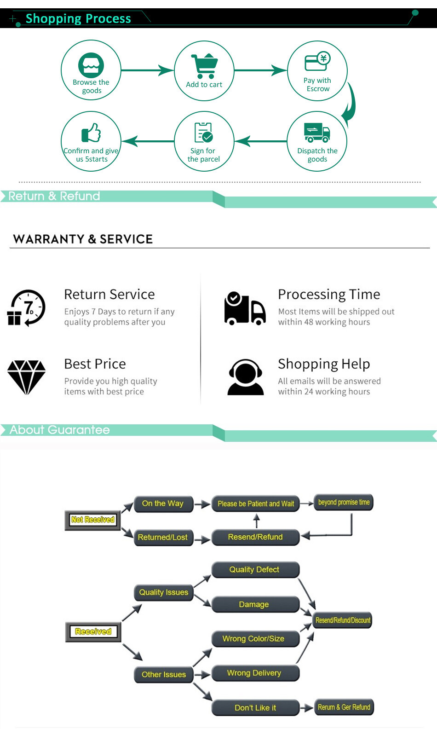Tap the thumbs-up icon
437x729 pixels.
[x=91, y=133]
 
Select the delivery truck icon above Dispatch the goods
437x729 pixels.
[x=317, y=133]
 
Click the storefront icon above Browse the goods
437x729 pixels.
[x=91, y=65]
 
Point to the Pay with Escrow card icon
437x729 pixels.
[x=317, y=62]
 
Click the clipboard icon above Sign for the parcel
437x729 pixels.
[x=203, y=133]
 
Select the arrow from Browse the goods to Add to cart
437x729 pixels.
[x=147, y=70]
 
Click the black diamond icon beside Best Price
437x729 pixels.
[x=27, y=377]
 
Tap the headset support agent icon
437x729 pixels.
[x=246, y=377]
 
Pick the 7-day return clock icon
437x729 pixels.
[x=27, y=307]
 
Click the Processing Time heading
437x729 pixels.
[x=329, y=294]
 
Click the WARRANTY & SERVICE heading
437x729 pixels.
[x=83, y=239]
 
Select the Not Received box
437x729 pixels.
[x=92, y=520]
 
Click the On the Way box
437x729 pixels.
[x=163, y=503]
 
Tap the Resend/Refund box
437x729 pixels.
[x=255, y=537]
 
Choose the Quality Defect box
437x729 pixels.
[x=254, y=570]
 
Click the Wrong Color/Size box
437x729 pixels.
[x=253, y=639]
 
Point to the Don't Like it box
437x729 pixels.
[x=255, y=708]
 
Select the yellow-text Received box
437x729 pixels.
[x=93, y=632]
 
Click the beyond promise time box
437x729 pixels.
[x=344, y=503]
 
